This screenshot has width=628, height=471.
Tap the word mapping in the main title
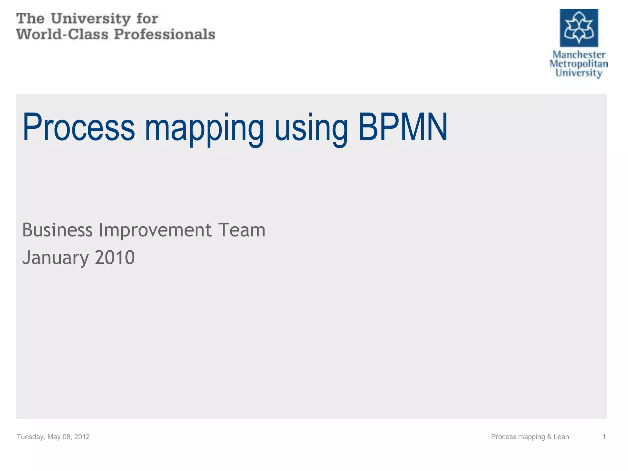(x=204, y=129)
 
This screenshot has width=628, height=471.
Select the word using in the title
(x=311, y=129)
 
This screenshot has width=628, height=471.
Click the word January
(x=56, y=258)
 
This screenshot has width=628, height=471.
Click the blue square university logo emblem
(x=579, y=28)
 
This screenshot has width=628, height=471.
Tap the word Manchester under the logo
(x=579, y=55)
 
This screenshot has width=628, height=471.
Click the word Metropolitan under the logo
(x=579, y=64)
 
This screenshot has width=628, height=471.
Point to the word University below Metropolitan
(x=579, y=73)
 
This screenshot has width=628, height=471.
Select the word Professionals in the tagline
(x=165, y=34)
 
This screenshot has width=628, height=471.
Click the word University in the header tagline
(x=91, y=19)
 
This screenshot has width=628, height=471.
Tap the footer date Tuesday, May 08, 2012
(x=53, y=437)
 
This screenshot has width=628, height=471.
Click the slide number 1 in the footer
(x=604, y=437)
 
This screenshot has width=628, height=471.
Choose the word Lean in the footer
(x=561, y=437)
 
